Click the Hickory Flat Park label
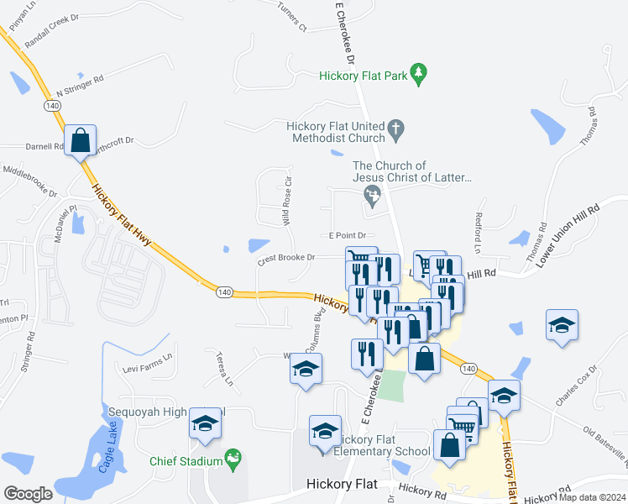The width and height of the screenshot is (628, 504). pos(363,76)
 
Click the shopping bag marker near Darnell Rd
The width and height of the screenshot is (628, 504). pos(81,140)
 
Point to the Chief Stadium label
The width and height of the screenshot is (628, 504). pos(185,461)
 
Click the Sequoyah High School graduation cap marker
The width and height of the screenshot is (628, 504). pos(204,426)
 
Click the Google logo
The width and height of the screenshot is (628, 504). pos(28,493)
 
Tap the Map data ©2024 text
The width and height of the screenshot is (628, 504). pos(588,496)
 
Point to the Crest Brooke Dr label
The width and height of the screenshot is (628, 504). pos(285,259)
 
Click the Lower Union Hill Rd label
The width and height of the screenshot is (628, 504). pos(569,233)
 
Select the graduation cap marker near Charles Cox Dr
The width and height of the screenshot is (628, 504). pos(562,326)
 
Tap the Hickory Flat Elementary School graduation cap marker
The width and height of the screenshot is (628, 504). pos(325,432)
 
